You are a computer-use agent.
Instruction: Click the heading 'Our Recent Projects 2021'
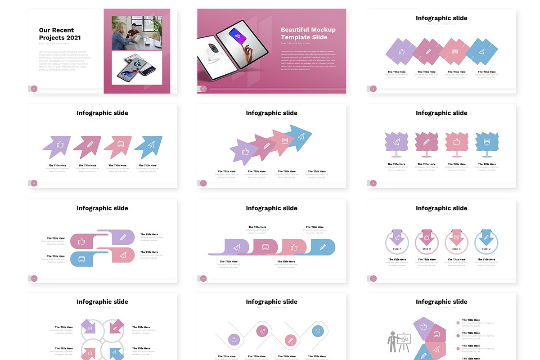pyautogui.click(x=60, y=34)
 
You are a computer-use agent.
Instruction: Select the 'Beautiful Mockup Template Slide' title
pyautogui.click(x=308, y=33)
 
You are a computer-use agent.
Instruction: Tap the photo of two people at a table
pyautogui.click(x=137, y=33)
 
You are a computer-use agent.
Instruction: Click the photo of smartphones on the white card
pyautogui.click(x=137, y=67)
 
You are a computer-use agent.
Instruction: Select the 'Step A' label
pyautogui.click(x=397, y=248)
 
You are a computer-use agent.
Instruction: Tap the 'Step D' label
pyautogui.click(x=486, y=248)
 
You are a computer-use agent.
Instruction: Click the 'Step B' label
pyautogui.click(x=427, y=248)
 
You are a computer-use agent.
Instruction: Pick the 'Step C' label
pyautogui.click(x=456, y=248)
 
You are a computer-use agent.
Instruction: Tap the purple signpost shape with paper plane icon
pyautogui.click(x=396, y=142)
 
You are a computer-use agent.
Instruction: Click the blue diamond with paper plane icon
pyautogui.click(x=481, y=52)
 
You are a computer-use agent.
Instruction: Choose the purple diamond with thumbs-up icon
pyautogui.click(x=401, y=52)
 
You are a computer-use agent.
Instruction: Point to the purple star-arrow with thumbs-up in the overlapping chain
pyautogui.click(x=244, y=152)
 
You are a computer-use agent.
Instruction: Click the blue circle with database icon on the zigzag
pyautogui.click(x=318, y=332)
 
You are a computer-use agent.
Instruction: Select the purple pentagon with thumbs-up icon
pyautogui.click(x=423, y=326)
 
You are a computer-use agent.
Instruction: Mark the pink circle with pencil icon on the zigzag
pyautogui.click(x=290, y=340)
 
